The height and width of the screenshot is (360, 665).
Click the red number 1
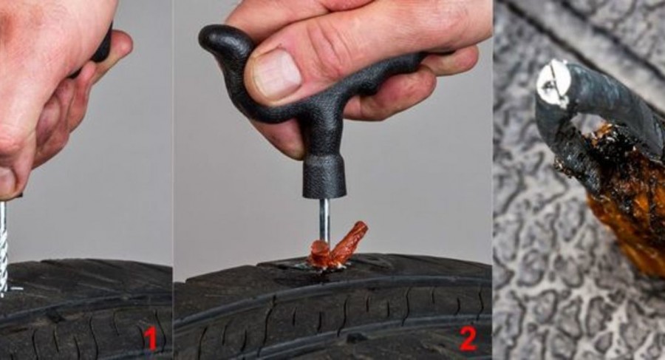[x=150, y=339]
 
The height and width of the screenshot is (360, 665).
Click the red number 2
[x=468, y=339]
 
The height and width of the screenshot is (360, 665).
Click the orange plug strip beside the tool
[x=339, y=247]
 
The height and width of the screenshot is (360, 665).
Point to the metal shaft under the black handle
[x=324, y=220]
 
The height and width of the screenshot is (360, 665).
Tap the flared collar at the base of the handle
[x=324, y=177]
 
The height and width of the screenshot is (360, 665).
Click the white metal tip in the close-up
[x=553, y=83]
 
